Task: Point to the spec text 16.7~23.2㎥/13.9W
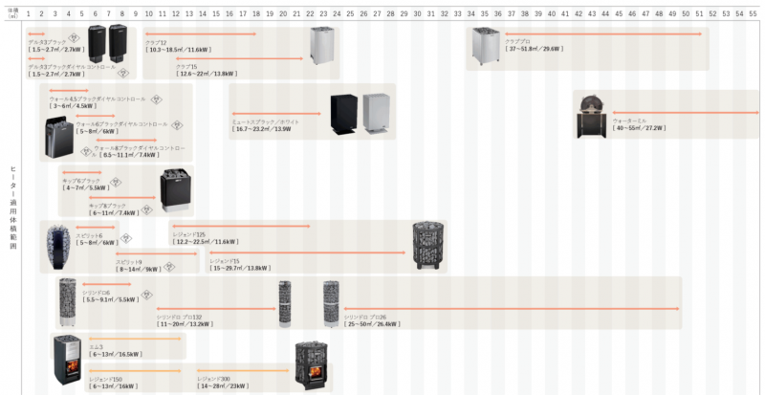[263, 128]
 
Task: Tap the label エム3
[96, 346]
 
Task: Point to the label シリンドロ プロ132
[179, 317]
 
